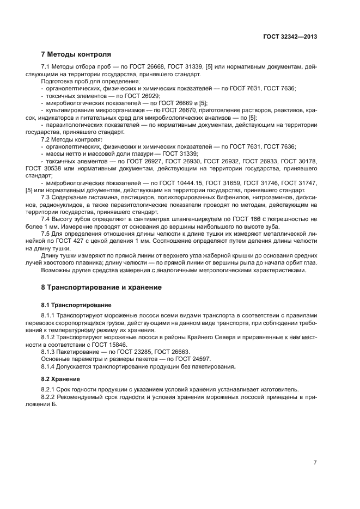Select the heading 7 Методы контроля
click(76, 54)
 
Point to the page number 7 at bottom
click(315, 462)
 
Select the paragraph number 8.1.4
click(49, 366)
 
